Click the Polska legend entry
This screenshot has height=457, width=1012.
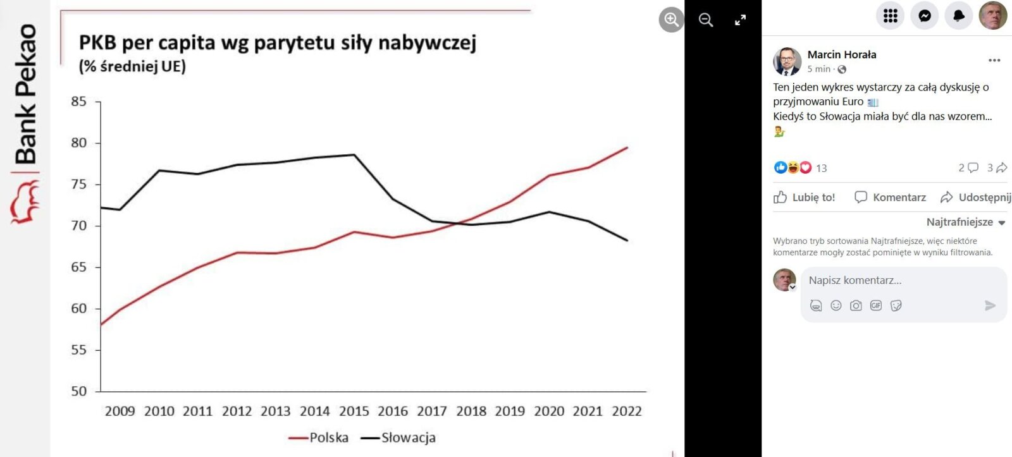319,437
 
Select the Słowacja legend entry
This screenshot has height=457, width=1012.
398,437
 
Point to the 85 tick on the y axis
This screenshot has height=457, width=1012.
79,102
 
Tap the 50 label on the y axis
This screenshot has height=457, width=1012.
79,391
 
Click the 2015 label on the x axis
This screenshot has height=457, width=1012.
354,411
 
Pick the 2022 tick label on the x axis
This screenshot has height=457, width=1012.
626,411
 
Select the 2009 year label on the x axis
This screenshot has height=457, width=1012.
120,411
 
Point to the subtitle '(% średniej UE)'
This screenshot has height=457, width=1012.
132,66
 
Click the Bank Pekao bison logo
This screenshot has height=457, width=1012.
24,202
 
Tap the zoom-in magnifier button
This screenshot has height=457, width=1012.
671,20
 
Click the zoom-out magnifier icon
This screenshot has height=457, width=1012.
706,20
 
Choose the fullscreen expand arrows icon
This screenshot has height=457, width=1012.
740,20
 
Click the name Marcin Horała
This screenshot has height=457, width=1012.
841,54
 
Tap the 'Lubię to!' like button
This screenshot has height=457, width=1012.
805,197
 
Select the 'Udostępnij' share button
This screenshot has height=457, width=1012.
976,197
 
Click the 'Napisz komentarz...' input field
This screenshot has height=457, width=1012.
898,280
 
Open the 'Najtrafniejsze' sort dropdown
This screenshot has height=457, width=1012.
965,222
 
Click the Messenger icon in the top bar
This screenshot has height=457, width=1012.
924,16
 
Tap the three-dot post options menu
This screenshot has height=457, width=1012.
994,60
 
